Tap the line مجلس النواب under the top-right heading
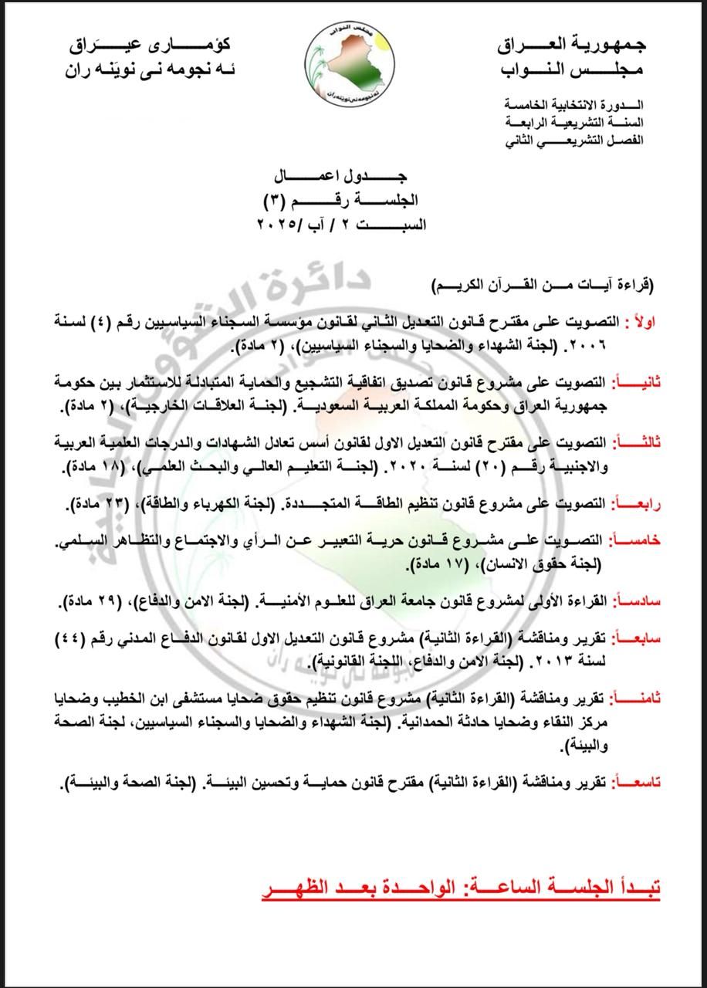click(x=572, y=69)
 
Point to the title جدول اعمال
click(x=353, y=177)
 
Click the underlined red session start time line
click(x=461, y=888)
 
